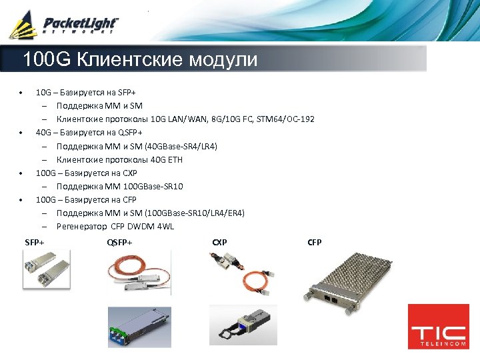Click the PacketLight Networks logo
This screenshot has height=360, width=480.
pyautogui.click(x=63, y=25)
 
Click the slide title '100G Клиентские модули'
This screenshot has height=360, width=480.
pyautogui.click(x=140, y=60)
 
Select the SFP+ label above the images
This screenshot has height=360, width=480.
pyautogui.click(x=35, y=242)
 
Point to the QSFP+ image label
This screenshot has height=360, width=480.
pyautogui.click(x=119, y=242)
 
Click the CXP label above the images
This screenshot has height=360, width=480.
pyautogui.click(x=219, y=242)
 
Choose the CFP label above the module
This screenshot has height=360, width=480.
pyautogui.click(x=315, y=242)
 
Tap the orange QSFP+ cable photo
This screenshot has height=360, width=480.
pyautogui.click(x=139, y=273)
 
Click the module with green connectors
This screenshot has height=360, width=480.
pyautogui.click(x=139, y=331)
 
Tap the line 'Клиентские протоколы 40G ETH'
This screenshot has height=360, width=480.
pyautogui.click(x=119, y=160)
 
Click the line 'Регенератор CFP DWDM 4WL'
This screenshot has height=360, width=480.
pyautogui.click(x=115, y=227)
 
